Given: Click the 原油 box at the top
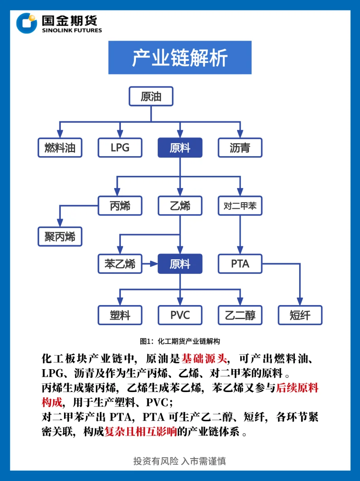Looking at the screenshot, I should pyautogui.click(x=151, y=96).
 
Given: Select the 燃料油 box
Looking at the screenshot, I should pyautogui.click(x=60, y=148).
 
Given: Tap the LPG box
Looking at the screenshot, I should pyautogui.click(x=120, y=148).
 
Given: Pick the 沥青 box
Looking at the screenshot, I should pyautogui.click(x=240, y=148).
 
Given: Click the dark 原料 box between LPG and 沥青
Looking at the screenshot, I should pyautogui.click(x=180, y=148).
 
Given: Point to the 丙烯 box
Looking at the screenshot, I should pyautogui.click(x=120, y=206).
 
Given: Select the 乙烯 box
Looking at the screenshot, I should pyautogui.click(x=180, y=206).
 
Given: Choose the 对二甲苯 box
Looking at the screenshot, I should pyautogui.click(x=240, y=206).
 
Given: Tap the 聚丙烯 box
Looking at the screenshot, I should pyautogui.click(x=60, y=236).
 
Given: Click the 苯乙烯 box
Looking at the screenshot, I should pyautogui.click(x=120, y=264).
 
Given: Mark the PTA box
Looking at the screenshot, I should pyautogui.click(x=240, y=264).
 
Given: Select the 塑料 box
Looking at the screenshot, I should pyautogui.click(x=120, y=315).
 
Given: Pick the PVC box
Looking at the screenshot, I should pyautogui.click(x=180, y=315).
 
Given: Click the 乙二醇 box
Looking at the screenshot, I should pyautogui.click(x=240, y=315).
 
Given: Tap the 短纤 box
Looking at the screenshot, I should pyautogui.click(x=300, y=315).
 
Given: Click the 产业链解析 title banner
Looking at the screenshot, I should pyautogui.click(x=180, y=58).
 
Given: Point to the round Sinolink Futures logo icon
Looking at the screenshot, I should pyautogui.click(x=26, y=23).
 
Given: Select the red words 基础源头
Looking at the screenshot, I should pyautogui.click(x=204, y=359).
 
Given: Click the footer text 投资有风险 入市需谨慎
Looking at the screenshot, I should pyautogui.click(x=180, y=461).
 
